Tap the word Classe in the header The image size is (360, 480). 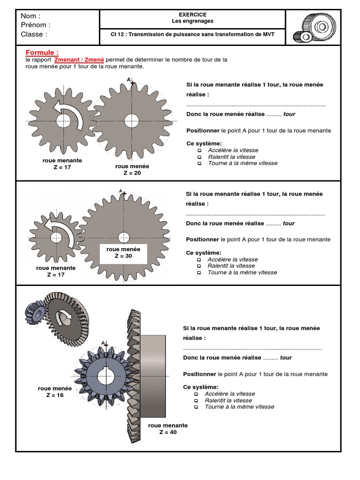32,34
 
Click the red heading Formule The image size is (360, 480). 42,52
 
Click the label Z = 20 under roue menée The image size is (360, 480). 132,172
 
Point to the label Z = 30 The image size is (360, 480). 123,256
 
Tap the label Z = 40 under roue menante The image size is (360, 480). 168,432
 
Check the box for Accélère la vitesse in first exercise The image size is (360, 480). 199,150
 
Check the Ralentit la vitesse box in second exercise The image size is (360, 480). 199,266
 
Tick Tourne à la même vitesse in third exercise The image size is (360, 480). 196,407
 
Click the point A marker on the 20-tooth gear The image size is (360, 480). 133,83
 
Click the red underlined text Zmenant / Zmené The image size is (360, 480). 79,60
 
